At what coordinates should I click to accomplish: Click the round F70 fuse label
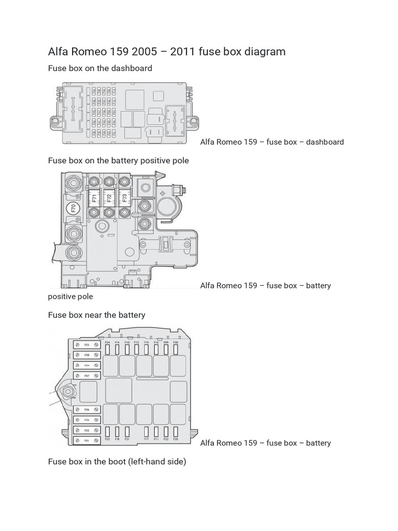coord(73,208)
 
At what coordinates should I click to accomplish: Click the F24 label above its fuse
coord(107,343)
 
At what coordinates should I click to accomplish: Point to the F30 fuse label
coord(176,343)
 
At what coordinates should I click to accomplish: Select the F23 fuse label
coord(107,439)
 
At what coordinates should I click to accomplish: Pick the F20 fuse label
coord(176,439)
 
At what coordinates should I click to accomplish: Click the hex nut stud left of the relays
coord(67,390)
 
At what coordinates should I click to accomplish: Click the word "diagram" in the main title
coord(266,51)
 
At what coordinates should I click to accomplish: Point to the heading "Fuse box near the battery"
coord(96,315)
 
